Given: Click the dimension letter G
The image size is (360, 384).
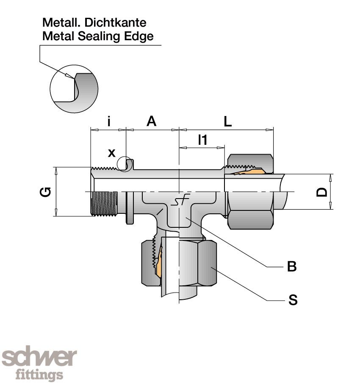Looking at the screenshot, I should click(45, 192).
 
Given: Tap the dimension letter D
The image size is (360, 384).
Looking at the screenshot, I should click(322, 192).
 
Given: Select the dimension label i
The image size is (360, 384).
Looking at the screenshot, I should click(109, 122).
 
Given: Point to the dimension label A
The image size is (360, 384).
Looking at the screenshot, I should click(151, 122).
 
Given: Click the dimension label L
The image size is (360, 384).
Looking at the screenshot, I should click(228, 122).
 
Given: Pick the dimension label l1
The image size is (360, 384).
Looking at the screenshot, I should click(203, 140).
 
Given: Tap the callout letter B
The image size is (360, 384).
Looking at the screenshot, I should click(292, 267).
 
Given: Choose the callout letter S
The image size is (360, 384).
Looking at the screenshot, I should click(293, 300).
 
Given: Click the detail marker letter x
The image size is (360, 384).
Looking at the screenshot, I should click(111, 152).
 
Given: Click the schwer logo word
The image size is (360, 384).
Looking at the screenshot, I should click(39, 358).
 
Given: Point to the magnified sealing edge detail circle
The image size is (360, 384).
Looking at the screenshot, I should click(74, 89).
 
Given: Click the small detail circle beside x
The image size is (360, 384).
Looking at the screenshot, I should click(125, 164).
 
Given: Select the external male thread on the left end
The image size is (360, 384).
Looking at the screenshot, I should click(104, 204).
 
